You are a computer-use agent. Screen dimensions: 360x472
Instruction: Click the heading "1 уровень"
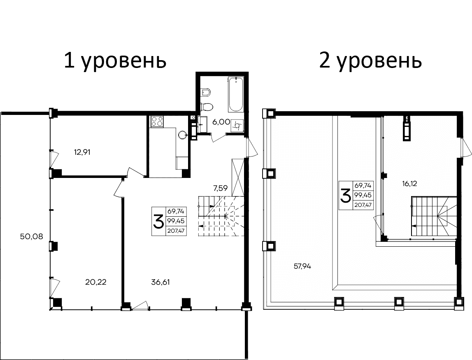[x=115, y=61]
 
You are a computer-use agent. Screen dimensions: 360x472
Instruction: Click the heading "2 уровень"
[x=370, y=61]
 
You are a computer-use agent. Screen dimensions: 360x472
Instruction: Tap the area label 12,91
[x=82, y=152]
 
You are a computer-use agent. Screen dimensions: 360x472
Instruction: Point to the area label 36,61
[x=161, y=282]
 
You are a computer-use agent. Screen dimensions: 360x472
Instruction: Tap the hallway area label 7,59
[x=221, y=189]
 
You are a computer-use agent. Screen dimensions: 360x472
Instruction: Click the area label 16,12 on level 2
[x=409, y=184]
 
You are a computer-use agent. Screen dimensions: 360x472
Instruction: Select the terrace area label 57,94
[x=302, y=266]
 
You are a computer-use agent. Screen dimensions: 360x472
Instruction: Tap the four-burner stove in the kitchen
[x=157, y=122]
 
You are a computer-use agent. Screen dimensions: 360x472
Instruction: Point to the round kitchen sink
[x=183, y=134]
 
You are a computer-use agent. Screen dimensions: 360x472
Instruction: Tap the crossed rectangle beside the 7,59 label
[x=238, y=178]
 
